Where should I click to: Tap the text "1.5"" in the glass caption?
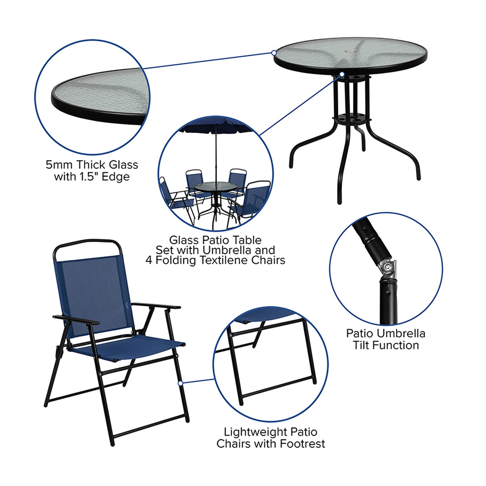coord(88,177)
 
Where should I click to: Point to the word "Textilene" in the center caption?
coord(225,261)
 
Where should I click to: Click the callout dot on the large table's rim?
coord(274,52)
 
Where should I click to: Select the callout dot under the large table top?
coord(342,74)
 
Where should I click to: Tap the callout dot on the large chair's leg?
coord(181,383)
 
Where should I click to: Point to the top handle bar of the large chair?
coord(86,242)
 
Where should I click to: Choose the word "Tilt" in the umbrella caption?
coord(362,345)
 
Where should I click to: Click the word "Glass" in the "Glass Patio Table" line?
coord(183,240)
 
